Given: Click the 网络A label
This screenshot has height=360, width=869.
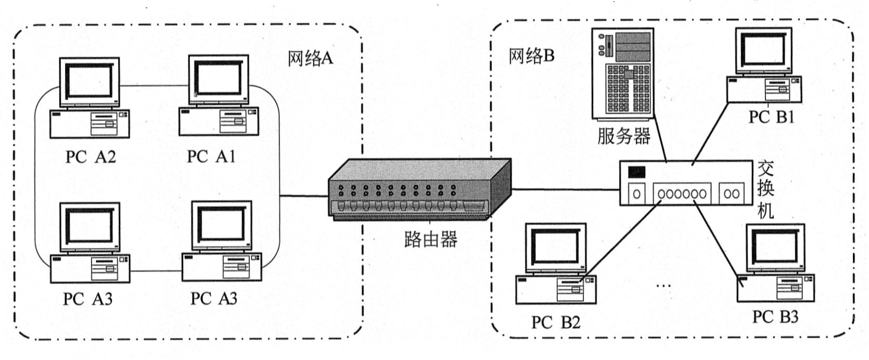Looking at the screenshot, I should click(310, 58).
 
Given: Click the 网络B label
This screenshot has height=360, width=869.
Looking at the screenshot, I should click(531, 56).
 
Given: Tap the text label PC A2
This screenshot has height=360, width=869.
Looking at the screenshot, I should click(91, 156).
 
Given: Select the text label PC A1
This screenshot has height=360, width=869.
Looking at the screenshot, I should click(211, 156).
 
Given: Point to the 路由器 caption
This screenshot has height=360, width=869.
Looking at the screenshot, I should click(430, 239).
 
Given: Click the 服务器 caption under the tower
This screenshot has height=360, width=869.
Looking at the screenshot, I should click(623, 136).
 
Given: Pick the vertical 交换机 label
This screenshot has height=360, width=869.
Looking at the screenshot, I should click(764, 189).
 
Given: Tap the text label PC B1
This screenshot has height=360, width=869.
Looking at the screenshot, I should click(771, 117).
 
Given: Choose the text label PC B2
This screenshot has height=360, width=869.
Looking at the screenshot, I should click(555, 323).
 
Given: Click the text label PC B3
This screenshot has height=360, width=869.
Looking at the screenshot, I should click(775, 316).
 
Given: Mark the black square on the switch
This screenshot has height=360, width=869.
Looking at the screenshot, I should click(637, 172).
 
